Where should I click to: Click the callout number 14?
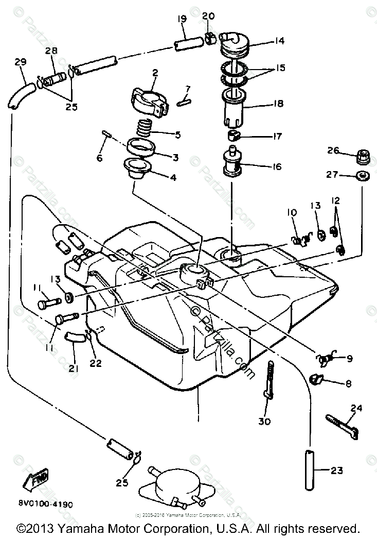click(x=280, y=41)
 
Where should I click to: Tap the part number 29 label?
click(x=20, y=62)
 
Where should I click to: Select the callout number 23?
click(x=336, y=470)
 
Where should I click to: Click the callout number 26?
click(x=333, y=150)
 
